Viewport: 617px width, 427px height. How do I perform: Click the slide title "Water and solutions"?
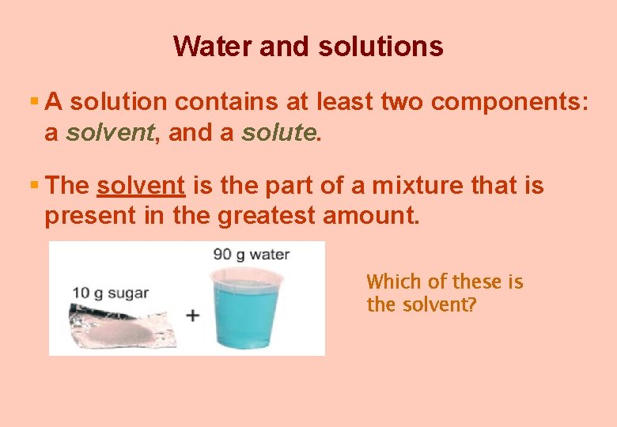pyautogui.click(x=308, y=46)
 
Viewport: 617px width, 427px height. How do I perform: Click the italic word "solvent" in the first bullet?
pyautogui.click(x=109, y=133)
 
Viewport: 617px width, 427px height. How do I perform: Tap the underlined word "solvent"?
pyautogui.click(x=141, y=187)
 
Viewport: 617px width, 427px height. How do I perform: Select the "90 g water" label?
pyautogui.click(x=251, y=255)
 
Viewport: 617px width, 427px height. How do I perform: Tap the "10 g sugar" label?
pyautogui.click(x=110, y=293)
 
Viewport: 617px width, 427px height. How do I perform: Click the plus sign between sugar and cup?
pyautogui.click(x=192, y=315)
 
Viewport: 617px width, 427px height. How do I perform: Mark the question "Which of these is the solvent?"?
pyautogui.click(x=445, y=293)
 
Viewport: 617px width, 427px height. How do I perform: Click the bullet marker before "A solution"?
pyautogui.click(x=34, y=102)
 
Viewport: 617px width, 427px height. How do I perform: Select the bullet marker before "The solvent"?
pyautogui.click(x=34, y=186)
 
